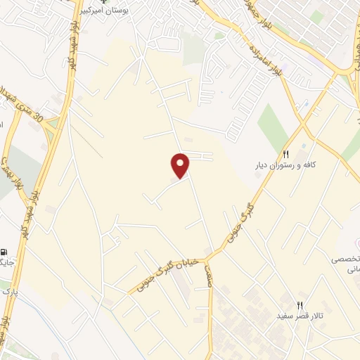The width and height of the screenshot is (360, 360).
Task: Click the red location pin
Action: (181, 165)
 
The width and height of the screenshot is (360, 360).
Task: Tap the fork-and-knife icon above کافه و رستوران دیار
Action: (285, 154)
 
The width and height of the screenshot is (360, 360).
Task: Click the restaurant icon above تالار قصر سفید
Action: (300, 305)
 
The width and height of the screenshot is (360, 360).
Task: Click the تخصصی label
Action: (347, 259)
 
